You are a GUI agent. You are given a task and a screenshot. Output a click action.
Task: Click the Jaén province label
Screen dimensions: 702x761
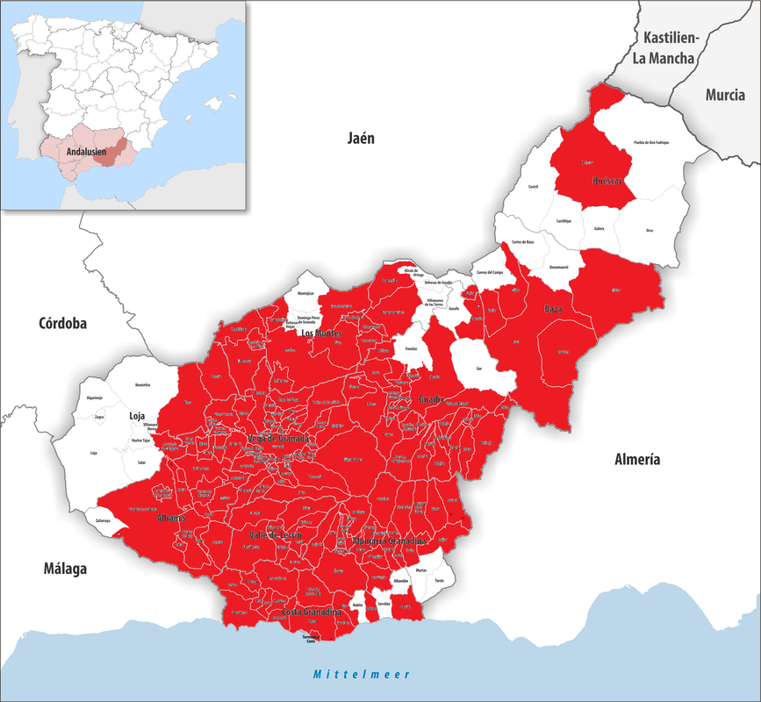[361, 138]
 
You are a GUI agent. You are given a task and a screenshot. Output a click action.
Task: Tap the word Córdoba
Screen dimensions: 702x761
[62, 323]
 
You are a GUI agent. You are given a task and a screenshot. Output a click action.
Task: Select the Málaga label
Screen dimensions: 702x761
[65, 569]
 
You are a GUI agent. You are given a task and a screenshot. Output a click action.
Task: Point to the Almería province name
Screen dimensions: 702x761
[637, 459]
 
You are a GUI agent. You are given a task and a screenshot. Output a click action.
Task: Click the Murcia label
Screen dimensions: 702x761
[725, 95]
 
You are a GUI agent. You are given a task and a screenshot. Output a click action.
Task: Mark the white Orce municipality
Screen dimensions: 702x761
[649, 230]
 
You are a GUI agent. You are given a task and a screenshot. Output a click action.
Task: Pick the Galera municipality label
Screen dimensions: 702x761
[599, 227]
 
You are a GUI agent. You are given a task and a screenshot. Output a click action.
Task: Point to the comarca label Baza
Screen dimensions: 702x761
[553, 309]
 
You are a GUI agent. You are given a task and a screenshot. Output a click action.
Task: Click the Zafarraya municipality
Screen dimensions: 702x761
[103, 520]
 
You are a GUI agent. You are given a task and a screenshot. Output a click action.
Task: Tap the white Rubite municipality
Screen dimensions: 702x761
[357, 605]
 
